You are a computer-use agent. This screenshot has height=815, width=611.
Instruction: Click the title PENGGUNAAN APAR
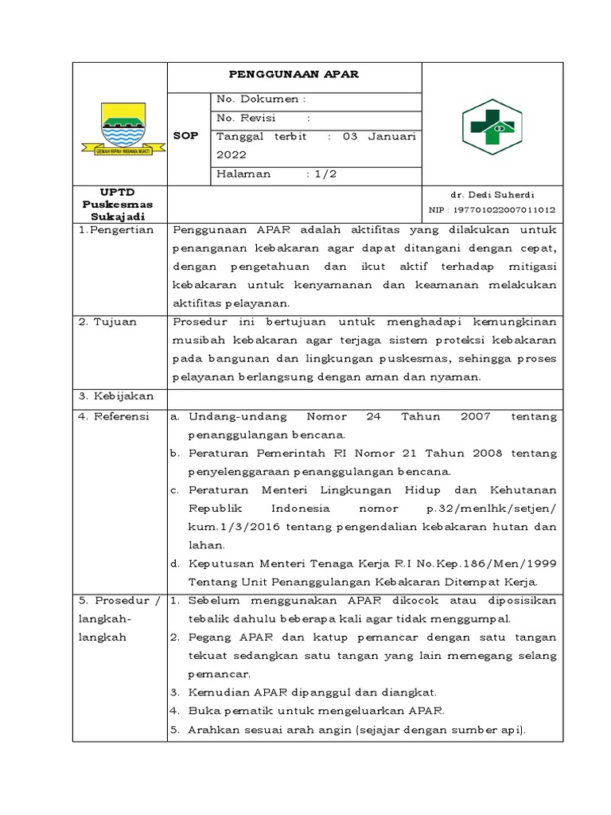(x=294, y=75)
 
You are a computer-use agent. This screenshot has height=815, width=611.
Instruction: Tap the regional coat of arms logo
(x=123, y=128)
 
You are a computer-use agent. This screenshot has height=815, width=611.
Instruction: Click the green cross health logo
(x=491, y=127)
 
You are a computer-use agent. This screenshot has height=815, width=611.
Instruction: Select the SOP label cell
(x=186, y=136)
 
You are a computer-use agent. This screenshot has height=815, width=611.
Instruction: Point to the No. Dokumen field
(x=262, y=99)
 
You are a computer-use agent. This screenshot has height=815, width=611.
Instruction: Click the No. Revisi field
(x=263, y=118)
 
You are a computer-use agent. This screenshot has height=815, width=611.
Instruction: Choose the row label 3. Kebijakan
(x=115, y=396)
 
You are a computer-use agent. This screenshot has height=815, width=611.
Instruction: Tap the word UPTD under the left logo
(x=119, y=193)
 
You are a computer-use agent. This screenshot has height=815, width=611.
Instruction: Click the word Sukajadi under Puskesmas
(x=119, y=216)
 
